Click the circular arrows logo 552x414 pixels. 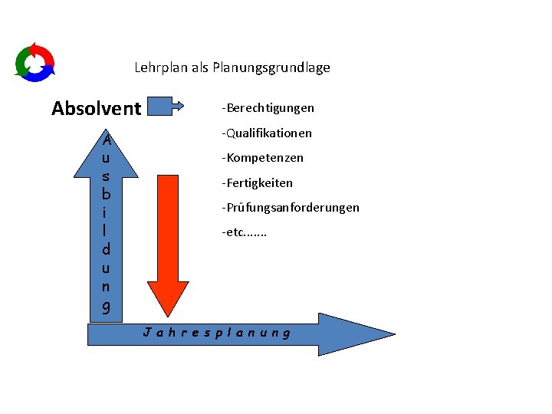[34, 61]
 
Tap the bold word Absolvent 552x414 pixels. [96, 108]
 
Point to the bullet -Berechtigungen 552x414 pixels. [268, 108]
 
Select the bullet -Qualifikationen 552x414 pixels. [267, 133]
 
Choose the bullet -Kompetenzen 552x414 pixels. [262, 158]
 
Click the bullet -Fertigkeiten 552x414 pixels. [257, 183]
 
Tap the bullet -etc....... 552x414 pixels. [244, 232]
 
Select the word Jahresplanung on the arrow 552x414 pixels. [217, 333]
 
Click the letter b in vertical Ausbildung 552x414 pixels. [107, 195]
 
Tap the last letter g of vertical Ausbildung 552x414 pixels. [107, 306]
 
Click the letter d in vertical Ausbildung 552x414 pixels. [107, 249]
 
